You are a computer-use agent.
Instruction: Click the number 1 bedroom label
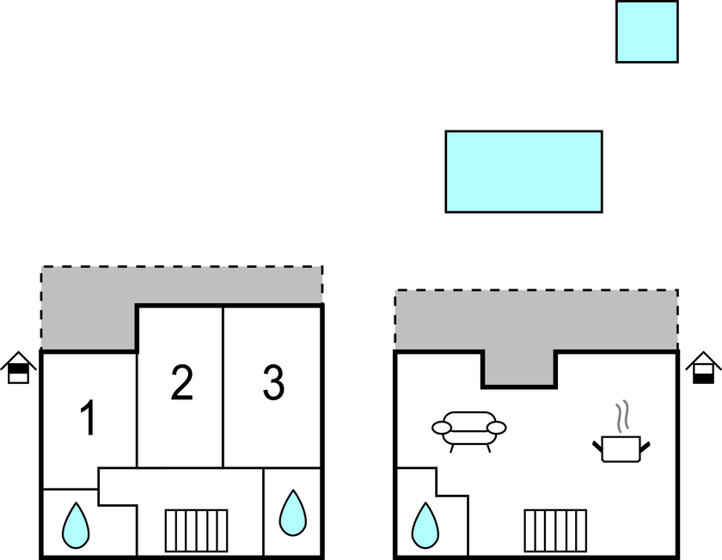(x=88, y=417)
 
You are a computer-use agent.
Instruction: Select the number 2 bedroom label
(x=182, y=382)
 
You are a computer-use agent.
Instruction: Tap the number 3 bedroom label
(x=273, y=382)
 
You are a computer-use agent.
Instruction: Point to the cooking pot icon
(x=621, y=448)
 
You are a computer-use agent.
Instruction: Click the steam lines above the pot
(x=622, y=417)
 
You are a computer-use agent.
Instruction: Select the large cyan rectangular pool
(x=523, y=172)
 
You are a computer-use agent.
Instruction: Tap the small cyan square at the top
(x=647, y=31)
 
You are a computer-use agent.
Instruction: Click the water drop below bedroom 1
(x=76, y=526)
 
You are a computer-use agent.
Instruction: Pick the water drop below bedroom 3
(x=293, y=514)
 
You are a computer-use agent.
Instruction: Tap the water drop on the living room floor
(x=425, y=526)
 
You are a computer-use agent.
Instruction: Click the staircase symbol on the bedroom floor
(x=196, y=531)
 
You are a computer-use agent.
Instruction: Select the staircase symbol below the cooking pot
(x=555, y=531)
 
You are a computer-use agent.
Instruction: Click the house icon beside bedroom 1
(x=18, y=368)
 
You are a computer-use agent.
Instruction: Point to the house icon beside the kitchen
(x=703, y=368)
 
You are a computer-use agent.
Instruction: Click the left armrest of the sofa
(x=442, y=428)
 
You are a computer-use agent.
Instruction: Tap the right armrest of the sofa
(x=497, y=428)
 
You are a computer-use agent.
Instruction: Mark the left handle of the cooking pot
(x=597, y=446)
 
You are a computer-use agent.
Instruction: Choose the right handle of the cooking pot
(x=645, y=447)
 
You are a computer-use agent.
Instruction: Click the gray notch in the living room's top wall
(x=519, y=368)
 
